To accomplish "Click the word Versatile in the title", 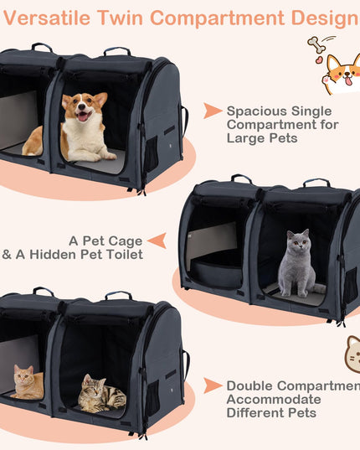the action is (47, 18).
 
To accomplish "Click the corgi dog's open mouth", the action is (83, 116).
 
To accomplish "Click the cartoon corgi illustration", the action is (342, 75).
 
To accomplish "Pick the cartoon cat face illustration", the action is (352, 354).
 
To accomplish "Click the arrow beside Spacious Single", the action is (213, 111).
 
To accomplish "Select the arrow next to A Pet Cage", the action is (157, 241).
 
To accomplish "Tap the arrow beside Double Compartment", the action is (213, 385).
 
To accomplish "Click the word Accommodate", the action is (274, 400).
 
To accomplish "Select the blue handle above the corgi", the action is (117, 51).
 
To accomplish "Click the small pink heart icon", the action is (319, 59).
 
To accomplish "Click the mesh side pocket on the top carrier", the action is (152, 154).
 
